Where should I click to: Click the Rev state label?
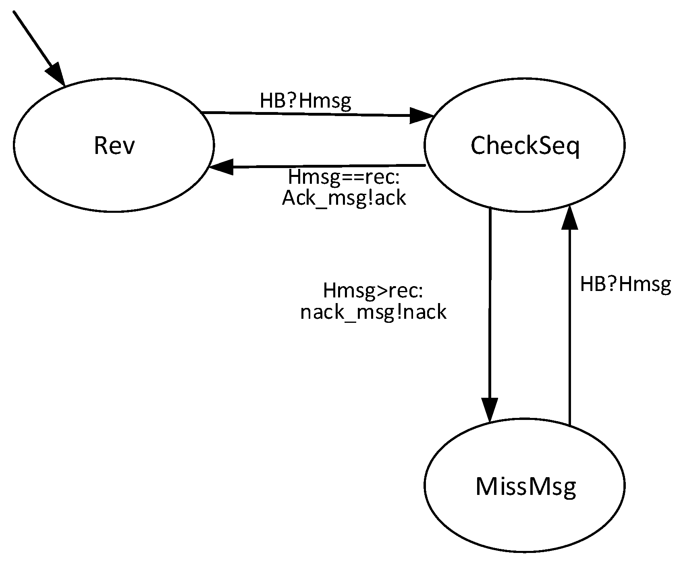114,145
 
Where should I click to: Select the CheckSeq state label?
525,146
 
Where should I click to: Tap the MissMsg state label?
525,486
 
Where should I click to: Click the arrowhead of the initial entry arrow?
56,75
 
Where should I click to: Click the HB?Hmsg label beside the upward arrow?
625,285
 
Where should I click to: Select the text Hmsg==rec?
346,178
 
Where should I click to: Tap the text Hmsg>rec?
373,291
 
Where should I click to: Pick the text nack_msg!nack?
373,312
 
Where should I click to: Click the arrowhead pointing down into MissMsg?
490,410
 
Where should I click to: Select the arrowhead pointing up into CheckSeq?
569,218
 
